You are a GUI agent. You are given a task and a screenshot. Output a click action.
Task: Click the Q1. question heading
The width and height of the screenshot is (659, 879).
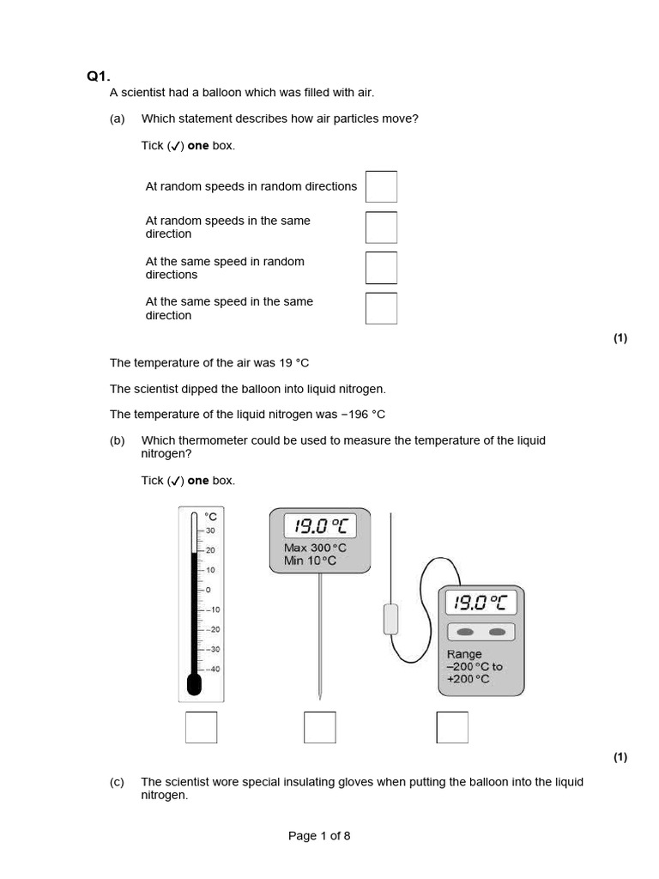(98, 76)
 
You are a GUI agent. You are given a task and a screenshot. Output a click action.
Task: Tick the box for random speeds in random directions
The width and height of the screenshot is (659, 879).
(381, 186)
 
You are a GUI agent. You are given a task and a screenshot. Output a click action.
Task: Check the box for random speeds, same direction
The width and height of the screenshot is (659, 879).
(381, 227)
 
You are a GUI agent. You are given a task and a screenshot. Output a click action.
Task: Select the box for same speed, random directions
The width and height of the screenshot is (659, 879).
(381, 268)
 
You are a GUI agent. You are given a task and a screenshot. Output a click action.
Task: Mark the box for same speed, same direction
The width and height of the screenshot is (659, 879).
(381, 308)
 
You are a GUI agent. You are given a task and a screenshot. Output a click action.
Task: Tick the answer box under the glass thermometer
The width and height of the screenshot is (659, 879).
(201, 727)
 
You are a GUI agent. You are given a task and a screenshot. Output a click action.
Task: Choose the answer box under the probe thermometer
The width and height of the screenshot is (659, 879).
(319, 727)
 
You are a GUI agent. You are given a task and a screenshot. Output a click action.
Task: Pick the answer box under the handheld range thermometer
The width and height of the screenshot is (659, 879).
(452, 727)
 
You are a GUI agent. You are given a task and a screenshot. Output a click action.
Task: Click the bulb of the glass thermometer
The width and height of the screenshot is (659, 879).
(194, 684)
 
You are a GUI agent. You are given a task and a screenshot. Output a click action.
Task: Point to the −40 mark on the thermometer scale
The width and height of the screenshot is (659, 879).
(212, 670)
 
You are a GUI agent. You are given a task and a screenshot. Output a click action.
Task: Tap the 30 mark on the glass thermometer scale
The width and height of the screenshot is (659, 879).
(211, 530)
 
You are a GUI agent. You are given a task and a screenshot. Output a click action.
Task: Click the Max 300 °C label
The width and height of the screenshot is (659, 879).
(315, 548)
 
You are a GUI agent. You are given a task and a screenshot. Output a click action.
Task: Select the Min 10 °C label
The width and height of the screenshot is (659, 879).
(310, 561)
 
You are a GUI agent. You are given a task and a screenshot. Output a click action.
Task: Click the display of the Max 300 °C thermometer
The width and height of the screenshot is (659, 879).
(320, 525)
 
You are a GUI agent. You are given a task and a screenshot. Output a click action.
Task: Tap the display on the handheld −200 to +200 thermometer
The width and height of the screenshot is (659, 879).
(481, 603)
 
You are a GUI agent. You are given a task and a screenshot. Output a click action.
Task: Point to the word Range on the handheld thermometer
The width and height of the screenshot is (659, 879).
(464, 654)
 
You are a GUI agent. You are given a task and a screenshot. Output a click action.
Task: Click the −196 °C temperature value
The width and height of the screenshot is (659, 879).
(363, 414)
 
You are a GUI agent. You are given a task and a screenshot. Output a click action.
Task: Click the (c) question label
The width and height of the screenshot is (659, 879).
(118, 782)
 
